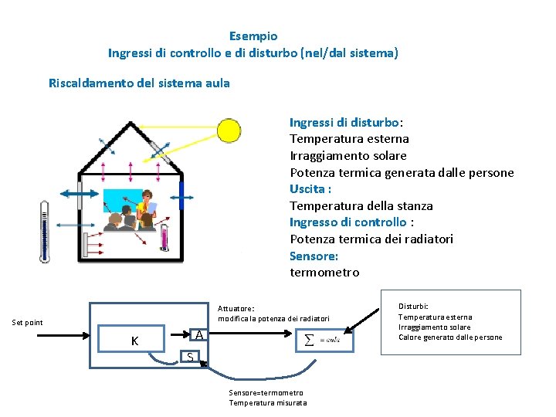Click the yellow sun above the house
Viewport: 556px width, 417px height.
point(229,130)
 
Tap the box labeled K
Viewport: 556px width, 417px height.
point(135,341)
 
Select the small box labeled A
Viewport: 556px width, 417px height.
point(199,335)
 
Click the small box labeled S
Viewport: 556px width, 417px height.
point(190,356)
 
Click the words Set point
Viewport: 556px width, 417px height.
point(28,323)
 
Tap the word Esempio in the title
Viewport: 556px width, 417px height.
point(253,36)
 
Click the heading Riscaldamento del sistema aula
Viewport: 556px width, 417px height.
point(139,83)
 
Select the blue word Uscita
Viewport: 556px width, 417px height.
point(310,189)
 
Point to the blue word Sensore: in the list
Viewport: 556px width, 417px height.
point(314,256)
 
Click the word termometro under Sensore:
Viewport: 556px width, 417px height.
point(324,273)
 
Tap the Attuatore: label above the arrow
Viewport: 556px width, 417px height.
point(236,308)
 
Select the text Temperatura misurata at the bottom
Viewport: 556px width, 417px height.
point(267,403)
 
